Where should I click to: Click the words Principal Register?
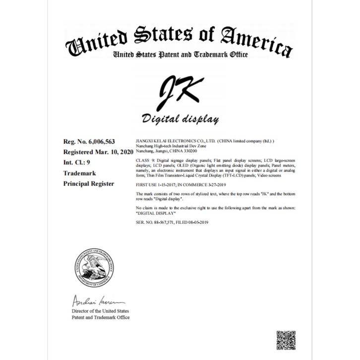(89, 183)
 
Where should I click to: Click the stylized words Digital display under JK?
(179, 120)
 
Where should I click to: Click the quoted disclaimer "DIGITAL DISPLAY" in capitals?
(154, 210)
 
